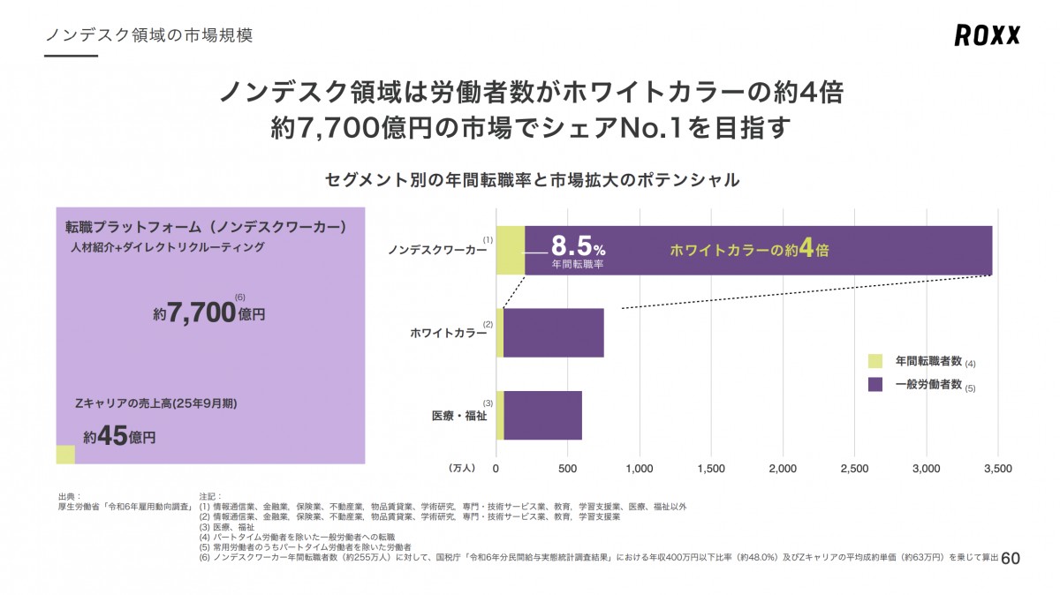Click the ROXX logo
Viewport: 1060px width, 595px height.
[x=987, y=35]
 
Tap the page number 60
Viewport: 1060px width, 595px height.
[x=1011, y=559]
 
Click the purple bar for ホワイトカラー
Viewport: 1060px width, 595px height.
[x=553, y=333]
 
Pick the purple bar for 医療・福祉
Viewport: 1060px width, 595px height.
[x=542, y=415]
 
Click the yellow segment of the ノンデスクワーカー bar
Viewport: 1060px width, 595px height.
[x=511, y=251]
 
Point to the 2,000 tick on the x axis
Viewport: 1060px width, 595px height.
[x=783, y=467]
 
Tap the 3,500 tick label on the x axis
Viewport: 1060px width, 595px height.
[x=997, y=467]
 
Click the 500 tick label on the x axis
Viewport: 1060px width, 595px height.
[x=568, y=467]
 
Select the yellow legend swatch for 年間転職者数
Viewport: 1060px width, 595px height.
[x=875, y=361]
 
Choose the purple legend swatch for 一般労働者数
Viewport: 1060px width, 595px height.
[x=875, y=385]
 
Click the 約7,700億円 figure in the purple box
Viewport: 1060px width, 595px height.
[x=209, y=313]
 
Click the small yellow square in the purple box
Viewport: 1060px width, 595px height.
[x=65, y=454]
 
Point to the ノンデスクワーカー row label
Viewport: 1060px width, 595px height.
[x=437, y=251]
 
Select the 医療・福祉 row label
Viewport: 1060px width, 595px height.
[x=458, y=416]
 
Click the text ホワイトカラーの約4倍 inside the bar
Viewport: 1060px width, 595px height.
[x=749, y=250]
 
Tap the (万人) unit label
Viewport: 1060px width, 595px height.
[x=462, y=467]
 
